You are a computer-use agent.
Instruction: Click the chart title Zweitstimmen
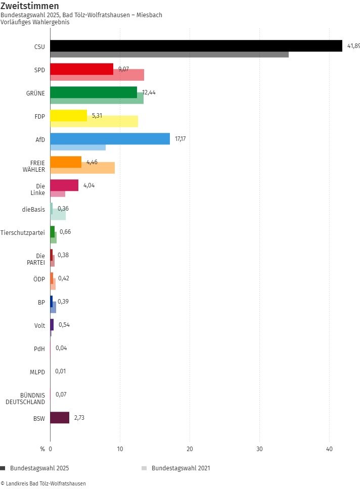tap(29, 6)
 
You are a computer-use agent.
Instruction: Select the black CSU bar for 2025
tap(196, 46)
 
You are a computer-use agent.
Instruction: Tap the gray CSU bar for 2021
tap(169, 54)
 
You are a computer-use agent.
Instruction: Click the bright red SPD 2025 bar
tap(81, 69)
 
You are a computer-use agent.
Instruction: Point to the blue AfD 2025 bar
tap(110, 138)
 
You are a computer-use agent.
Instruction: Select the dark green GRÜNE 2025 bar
tap(94, 92)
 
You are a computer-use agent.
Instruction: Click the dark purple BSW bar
tap(60, 417)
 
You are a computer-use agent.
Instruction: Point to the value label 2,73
tap(79, 417)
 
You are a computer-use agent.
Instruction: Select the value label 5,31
tap(97, 116)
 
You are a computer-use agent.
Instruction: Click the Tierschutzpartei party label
tap(23, 232)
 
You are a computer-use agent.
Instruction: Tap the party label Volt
tap(39, 325)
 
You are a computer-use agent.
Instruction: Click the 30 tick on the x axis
tap(259, 449)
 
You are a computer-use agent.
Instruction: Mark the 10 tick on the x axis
tap(120, 449)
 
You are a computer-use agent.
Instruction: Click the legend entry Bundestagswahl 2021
tap(180, 468)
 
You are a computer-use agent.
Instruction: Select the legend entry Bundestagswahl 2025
tap(38, 468)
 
